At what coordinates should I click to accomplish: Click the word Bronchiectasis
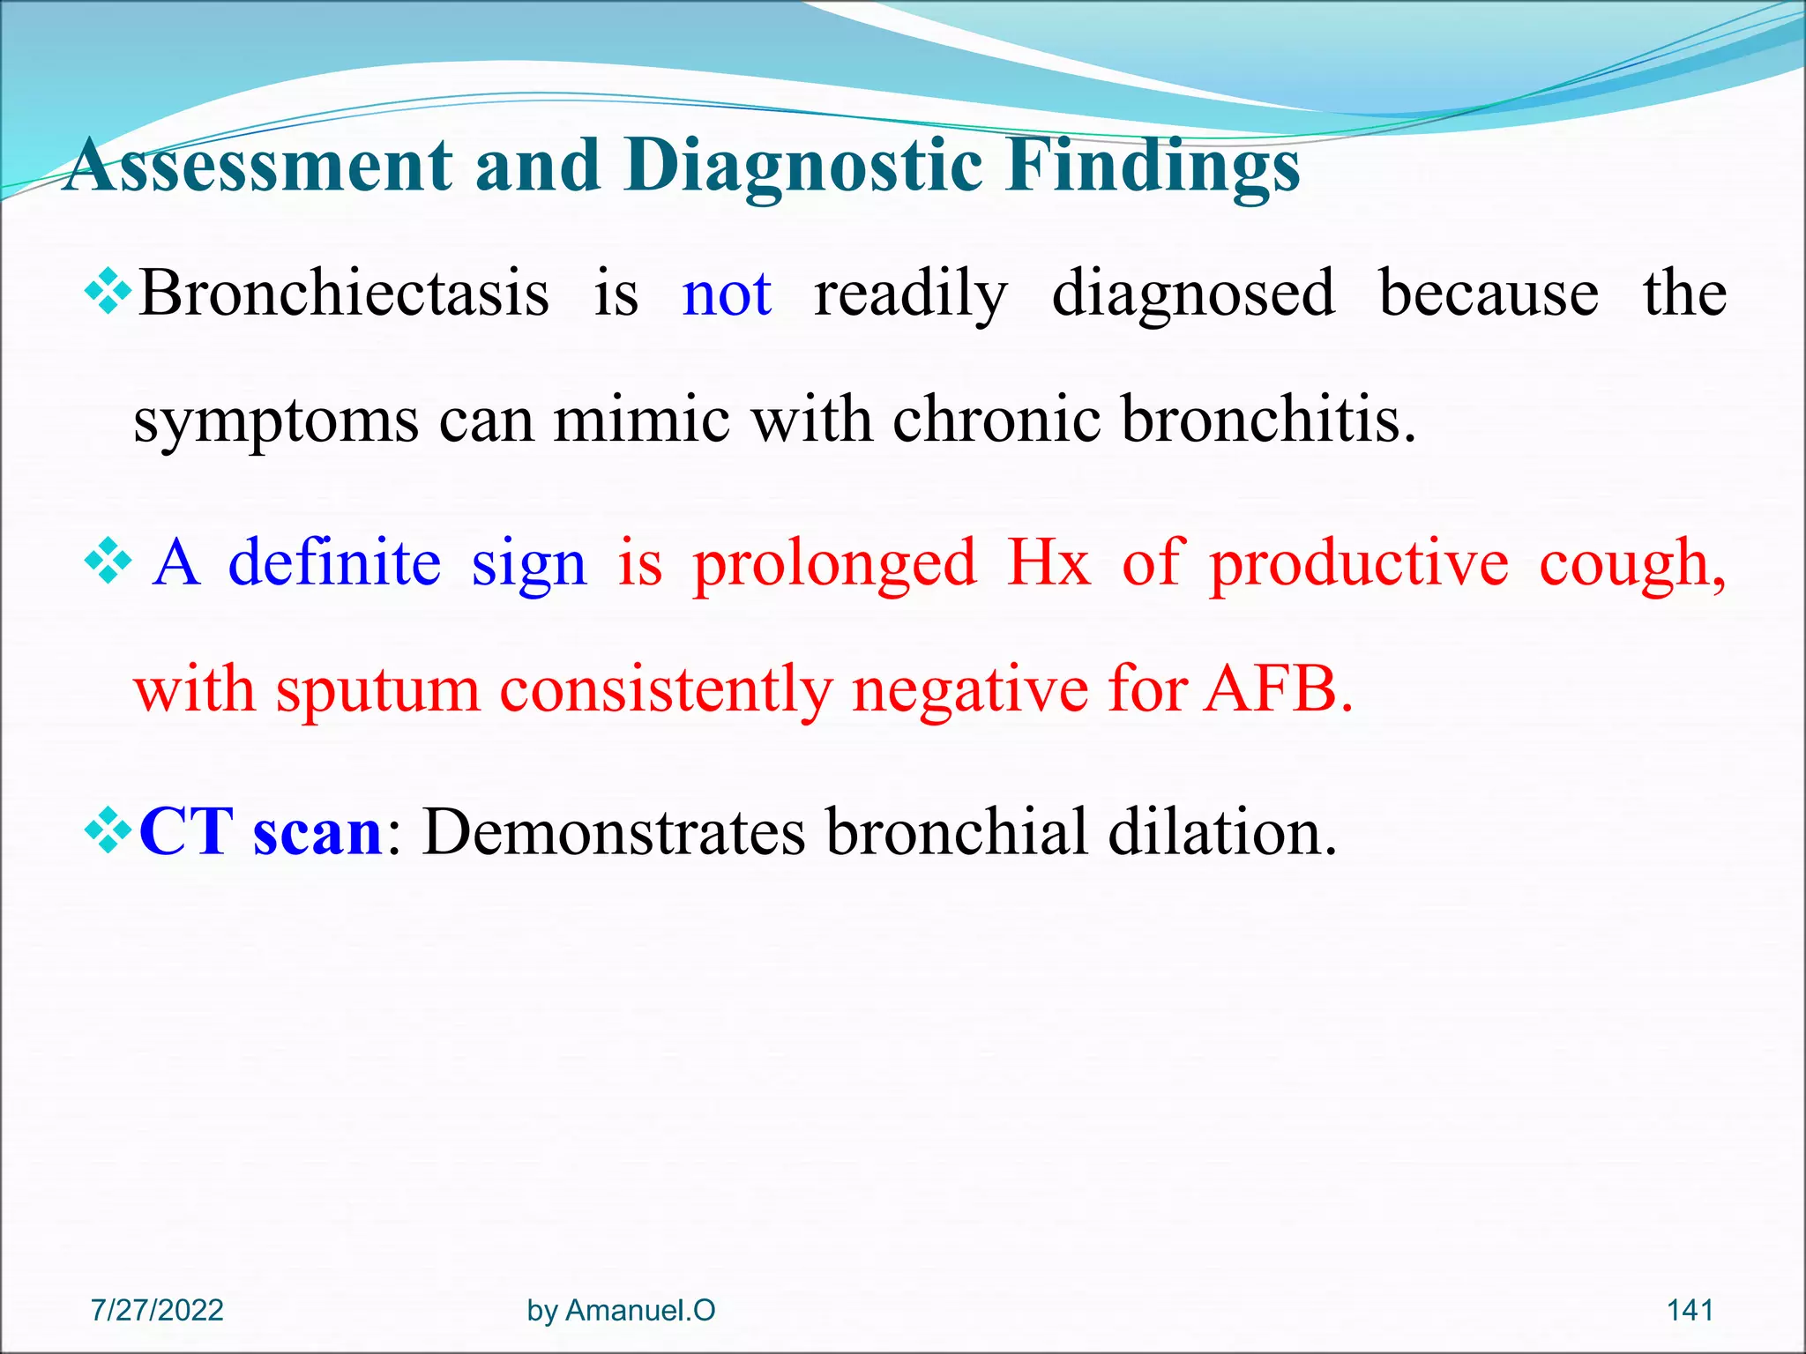(x=344, y=294)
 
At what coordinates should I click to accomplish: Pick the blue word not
(x=727, y=294)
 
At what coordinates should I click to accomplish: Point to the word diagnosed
(x=1193, y=294)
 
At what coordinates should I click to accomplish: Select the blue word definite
(x=334, y=562)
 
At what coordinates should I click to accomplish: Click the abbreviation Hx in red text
(x=1049, y=562)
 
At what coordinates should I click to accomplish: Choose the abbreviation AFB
(x=1278, y=688)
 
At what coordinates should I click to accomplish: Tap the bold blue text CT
(x=186, y=830)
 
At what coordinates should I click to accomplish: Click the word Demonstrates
(x=614, y=830)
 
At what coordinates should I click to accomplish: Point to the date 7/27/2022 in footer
(x=157, y=1310)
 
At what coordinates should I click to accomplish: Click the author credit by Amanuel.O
(x=621, y=1310)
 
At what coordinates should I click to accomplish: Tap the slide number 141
(x=1690, y=1310)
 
